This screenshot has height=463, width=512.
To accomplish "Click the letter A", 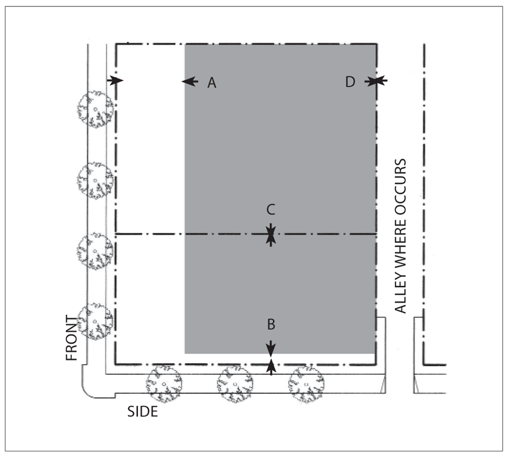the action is (x=212, y=83).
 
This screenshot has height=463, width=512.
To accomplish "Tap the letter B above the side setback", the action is (x=271, y=325).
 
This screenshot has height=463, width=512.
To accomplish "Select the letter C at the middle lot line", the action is (x=271, y=208).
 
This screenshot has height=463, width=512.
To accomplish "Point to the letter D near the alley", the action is (x=350, y=83).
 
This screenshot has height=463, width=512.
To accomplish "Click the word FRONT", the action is (x=72, y=338).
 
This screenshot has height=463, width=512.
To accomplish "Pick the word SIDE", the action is (x=143, y=411).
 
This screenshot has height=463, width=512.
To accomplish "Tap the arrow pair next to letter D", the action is (x=376, y=81).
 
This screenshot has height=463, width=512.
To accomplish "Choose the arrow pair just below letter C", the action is (x=271, y=234).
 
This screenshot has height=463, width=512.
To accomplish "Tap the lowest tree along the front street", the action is (x=95, y=321).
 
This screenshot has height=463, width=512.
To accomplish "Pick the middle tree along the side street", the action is (x=235, y=384).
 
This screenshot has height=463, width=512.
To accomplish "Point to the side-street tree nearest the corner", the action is (x=164, y=384).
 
